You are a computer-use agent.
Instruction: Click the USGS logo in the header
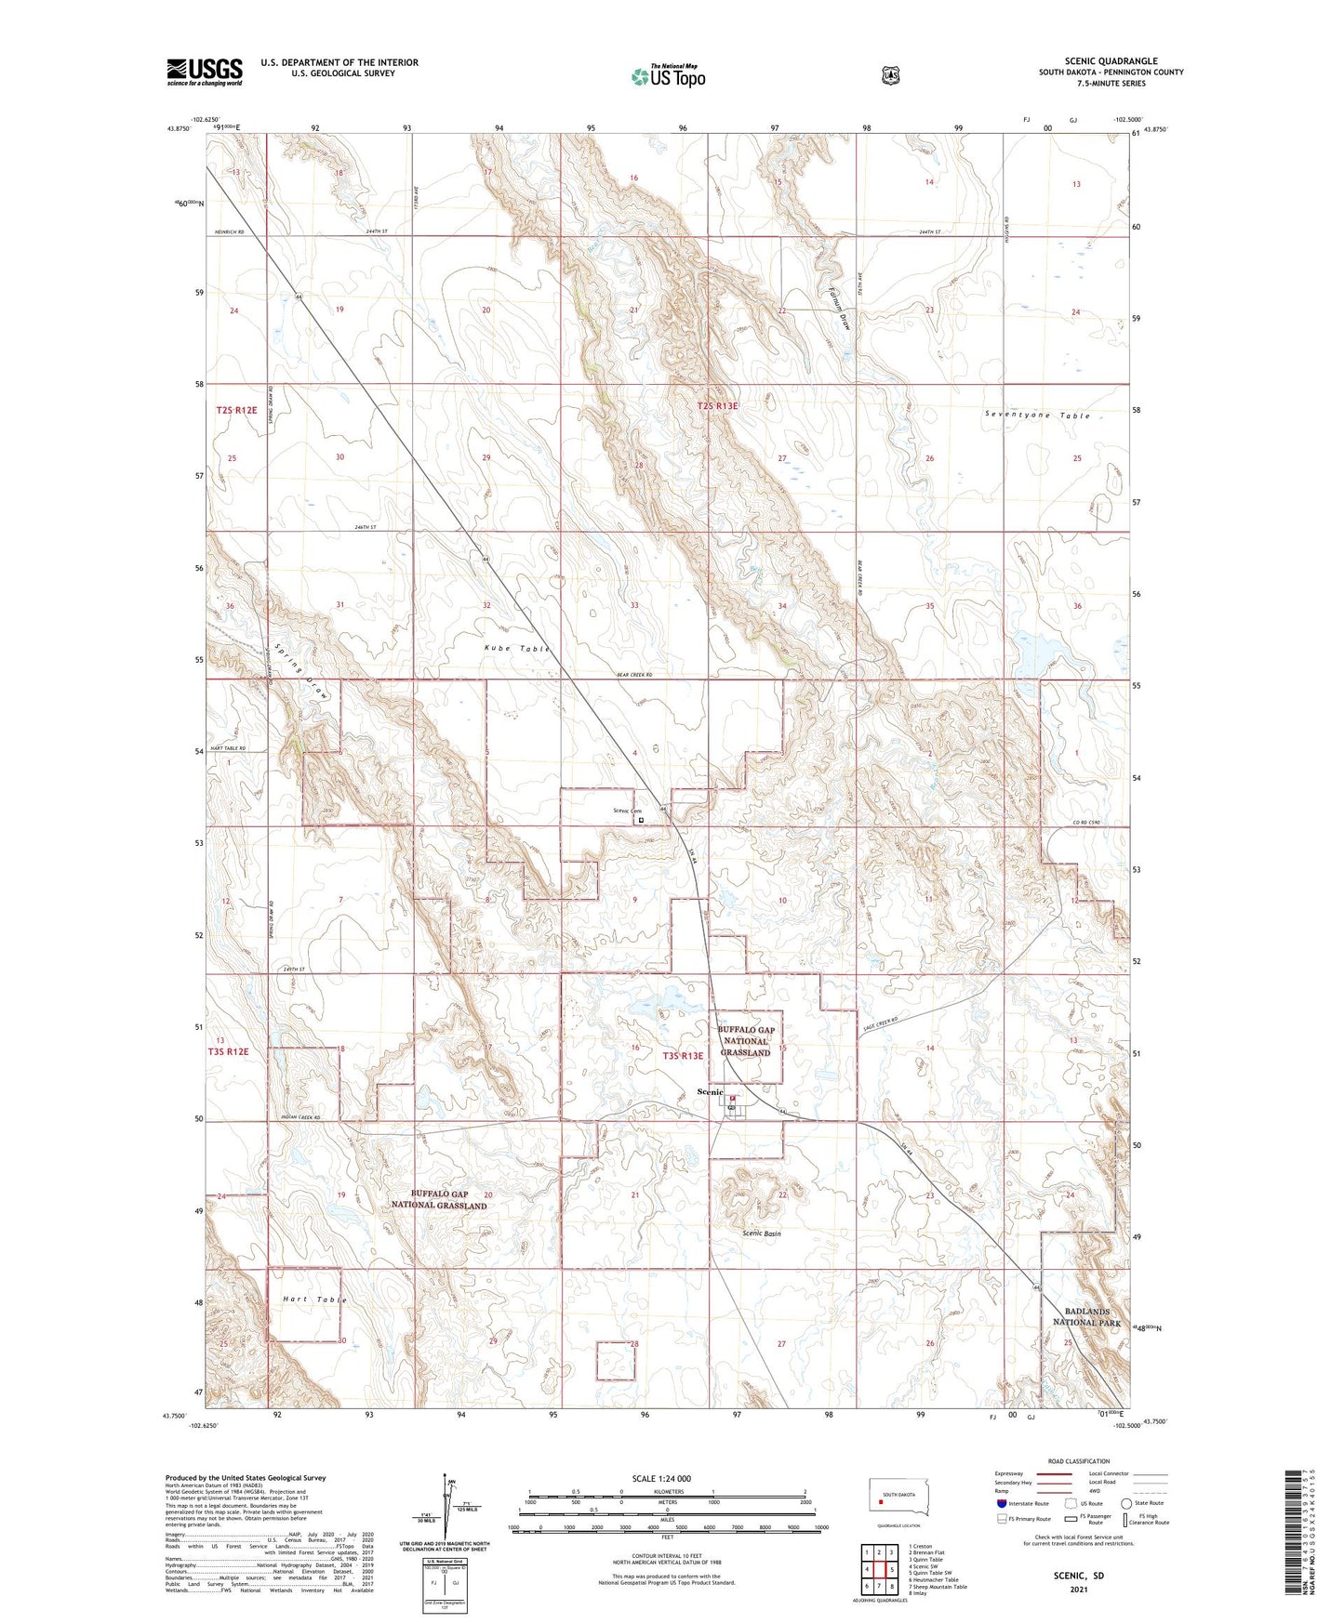205,72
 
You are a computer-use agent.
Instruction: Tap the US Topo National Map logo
668,76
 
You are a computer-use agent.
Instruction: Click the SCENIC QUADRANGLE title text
1111,60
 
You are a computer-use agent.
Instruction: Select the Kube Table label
517,648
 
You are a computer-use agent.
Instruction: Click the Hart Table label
314,1300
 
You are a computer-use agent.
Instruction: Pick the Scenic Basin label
761,1234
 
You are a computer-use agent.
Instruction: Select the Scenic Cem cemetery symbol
641,820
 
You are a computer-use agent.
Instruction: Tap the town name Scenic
710,1092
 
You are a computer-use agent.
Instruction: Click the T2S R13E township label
717,406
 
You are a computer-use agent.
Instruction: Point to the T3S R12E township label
228,1051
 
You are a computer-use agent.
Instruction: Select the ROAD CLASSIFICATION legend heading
1078,1461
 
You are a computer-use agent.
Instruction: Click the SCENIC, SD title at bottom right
1078,1577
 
